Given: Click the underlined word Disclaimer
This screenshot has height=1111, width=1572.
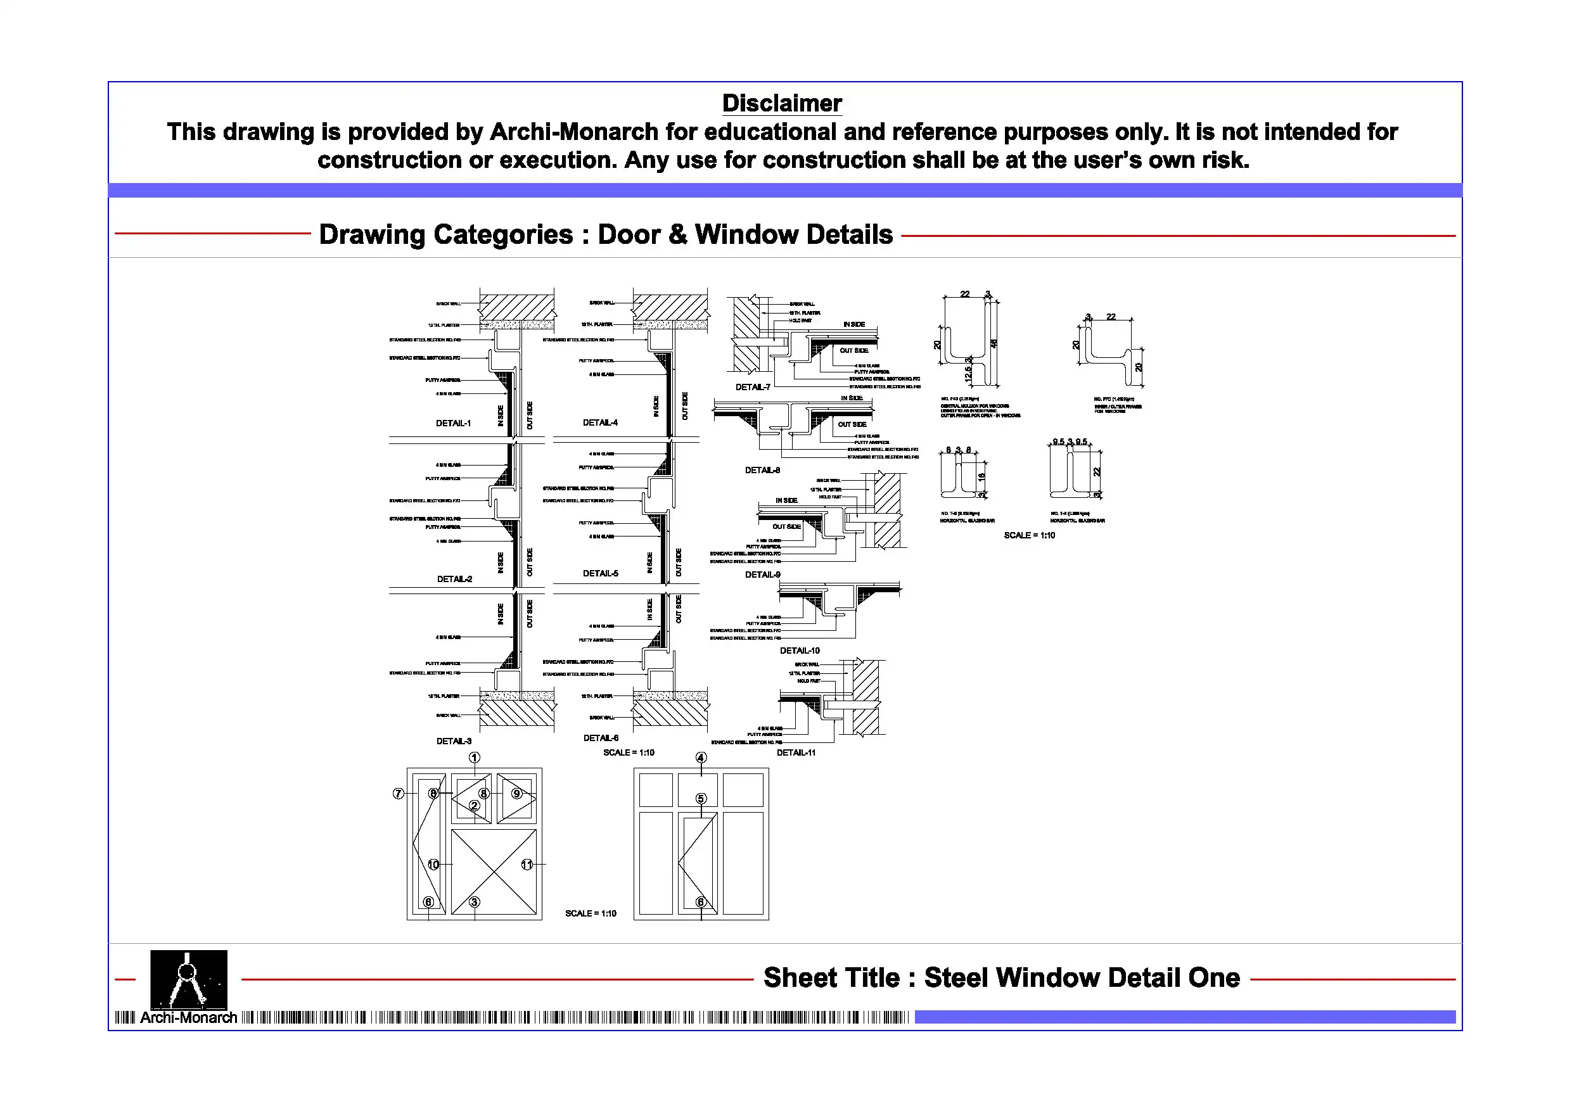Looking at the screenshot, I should (x=782, y=103).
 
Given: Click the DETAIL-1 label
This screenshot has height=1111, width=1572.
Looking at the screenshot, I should (x=453, y=423).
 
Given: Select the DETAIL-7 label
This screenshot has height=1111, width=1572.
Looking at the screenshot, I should (x=753, y=387).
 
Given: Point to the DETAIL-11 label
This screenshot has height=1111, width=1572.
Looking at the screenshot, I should (x=796, y=752).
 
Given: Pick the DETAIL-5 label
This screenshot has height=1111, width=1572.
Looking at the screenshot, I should (x=600, y=573).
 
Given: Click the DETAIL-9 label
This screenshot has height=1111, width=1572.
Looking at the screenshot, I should (x=762, y=575).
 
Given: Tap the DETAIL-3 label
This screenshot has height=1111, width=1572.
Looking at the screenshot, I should (x=454, y=740).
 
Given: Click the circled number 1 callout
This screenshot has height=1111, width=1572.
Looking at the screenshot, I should (x=475, y=757).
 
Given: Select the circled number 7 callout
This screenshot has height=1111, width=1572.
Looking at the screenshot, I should (x=398, y=794).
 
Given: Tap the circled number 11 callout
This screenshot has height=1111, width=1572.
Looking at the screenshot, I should (x=527, y=865).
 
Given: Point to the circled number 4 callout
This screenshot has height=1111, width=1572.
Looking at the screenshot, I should (x=700, y=757).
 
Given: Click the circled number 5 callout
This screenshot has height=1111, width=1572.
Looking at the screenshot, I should (x=700, y=798).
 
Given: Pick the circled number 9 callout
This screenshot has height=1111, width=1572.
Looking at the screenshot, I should (x=517, y=794).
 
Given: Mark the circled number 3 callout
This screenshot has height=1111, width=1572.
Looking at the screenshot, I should (x=475, y=902).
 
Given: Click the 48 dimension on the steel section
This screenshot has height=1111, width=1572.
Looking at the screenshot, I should (x=994, y=344).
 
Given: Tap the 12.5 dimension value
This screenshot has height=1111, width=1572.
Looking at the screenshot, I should (x=968, y=374).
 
